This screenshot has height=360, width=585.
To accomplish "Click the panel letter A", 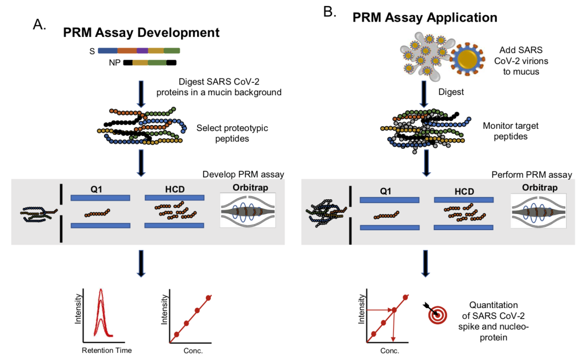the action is point(39,24).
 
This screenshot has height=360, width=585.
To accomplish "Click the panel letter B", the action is point(329,12).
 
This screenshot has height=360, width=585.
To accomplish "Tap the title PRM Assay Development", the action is point(141,32).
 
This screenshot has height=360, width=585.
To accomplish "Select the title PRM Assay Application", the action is point(425,17).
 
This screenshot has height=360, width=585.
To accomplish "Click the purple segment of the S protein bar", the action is point(142,51).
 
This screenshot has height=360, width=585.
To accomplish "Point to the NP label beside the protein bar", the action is point(114,63).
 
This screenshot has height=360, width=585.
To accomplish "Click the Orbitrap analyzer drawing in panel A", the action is point(248,211).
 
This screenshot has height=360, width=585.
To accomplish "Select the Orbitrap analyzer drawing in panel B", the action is point(538,211).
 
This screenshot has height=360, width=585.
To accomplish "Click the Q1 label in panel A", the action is point(96,189).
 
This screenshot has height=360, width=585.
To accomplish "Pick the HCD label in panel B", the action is point(464,192).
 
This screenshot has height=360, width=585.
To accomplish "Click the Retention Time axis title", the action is point(107,350).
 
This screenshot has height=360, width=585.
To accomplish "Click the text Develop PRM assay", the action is point(243,174).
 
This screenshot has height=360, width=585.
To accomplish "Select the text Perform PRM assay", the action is point(532,175).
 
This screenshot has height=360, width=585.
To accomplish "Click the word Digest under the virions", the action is point(451,92).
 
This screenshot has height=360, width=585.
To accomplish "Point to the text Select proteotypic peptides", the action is point(232,133).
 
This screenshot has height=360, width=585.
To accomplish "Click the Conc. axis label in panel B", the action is point(389,351).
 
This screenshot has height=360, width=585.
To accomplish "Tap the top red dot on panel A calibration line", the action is point(209,298).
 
